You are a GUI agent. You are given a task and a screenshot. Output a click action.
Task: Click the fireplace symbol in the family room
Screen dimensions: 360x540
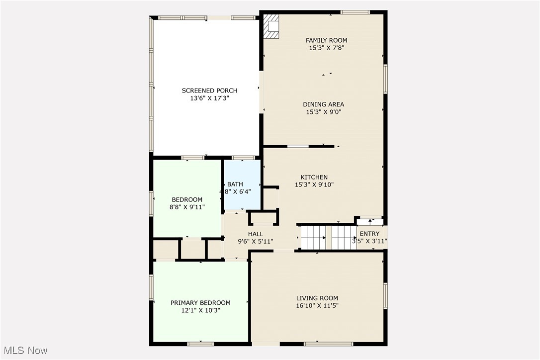coord(271,26)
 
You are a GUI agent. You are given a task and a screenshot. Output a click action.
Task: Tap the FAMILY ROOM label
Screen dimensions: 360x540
coord(326,40)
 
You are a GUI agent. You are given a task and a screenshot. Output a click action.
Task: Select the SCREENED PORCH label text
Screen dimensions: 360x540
coord(209,90)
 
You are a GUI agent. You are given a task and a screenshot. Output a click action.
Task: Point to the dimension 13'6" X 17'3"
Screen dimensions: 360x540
coord(209,98)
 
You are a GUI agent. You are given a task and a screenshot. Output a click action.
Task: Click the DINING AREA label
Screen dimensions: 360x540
coord(324,104)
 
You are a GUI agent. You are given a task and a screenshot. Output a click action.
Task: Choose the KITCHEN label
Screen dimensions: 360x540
coord(314,177)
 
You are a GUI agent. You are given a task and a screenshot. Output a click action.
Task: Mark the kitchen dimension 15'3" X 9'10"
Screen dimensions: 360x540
coord(314,185)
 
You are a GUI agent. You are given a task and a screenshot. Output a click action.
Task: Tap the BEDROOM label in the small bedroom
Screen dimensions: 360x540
coord(187,199)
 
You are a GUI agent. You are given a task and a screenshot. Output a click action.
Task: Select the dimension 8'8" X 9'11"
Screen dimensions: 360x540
coord(187,207)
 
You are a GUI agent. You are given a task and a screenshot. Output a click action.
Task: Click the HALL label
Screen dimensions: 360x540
coord(256,234)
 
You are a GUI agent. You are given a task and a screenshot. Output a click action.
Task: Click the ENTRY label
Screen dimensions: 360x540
coord(369,234)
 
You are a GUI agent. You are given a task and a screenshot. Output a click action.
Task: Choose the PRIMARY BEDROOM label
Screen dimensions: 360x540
coord(200,302)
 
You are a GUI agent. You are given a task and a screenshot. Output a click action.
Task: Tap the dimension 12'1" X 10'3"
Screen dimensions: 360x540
coord(200,310)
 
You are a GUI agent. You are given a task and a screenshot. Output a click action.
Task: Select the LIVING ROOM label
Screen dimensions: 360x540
coord(317,298)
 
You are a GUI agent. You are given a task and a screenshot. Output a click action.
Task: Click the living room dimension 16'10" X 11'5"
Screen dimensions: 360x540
coord(317,306)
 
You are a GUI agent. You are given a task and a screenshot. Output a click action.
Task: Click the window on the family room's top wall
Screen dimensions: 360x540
coord(355,12)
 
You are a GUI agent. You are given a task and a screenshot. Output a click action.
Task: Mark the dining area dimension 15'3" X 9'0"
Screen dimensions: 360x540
coord(324,112)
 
